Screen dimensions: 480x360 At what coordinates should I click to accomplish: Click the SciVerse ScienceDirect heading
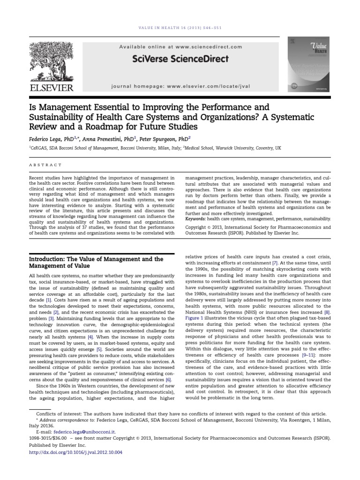click(180, 59)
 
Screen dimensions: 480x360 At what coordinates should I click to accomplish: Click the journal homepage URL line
click(180, 87)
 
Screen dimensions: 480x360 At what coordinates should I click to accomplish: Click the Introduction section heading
click(96, 262)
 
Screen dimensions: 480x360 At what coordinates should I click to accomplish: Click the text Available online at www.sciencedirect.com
click(180, 47)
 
